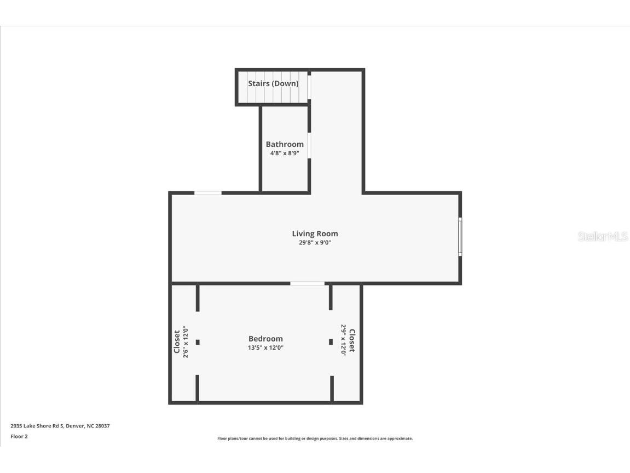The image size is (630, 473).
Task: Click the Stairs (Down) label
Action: pos(273,84)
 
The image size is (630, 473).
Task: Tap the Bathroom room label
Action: pos(285,144)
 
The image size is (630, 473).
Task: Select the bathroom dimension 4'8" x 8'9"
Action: pos(285,153)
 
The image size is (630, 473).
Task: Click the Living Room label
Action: pos(315,233)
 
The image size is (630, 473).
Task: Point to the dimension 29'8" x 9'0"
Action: pos(315,242)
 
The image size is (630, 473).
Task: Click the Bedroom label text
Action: pos(265,339)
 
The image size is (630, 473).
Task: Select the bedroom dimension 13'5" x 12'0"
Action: pos(265,347)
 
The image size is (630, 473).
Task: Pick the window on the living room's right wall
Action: pos(460,237)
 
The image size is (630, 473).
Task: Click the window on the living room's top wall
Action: pos(208,193)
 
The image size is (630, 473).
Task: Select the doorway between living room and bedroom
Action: pos(307,283)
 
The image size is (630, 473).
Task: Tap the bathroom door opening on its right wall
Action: pos(309,146)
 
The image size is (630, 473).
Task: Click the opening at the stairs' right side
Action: pos(309,87)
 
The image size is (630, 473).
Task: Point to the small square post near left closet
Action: pos(198,342)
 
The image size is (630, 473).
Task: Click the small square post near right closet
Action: pos(331,342)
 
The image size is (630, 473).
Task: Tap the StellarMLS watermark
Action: pos(603,237)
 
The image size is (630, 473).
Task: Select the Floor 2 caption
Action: pos(19,437)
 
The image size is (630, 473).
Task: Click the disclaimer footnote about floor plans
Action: pos(315,438)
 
